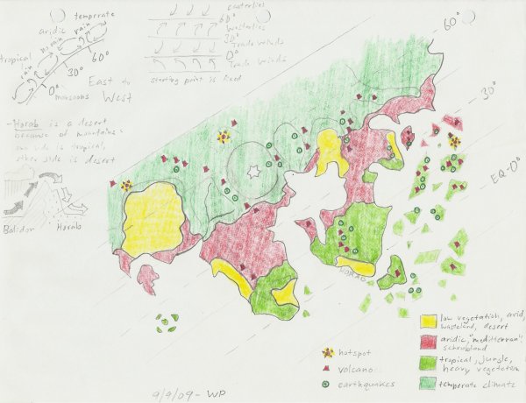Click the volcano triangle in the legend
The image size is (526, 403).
tap(329, 368)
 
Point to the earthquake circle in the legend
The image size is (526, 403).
tap(329, 383)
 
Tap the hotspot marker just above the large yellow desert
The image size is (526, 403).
tap(127, 186)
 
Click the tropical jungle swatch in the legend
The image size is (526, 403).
tap(429, 361)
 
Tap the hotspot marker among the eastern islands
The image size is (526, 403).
tap(454, 139)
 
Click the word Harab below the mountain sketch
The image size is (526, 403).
tap(69, 226)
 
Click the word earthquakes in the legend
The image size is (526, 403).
tap(366, 384)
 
